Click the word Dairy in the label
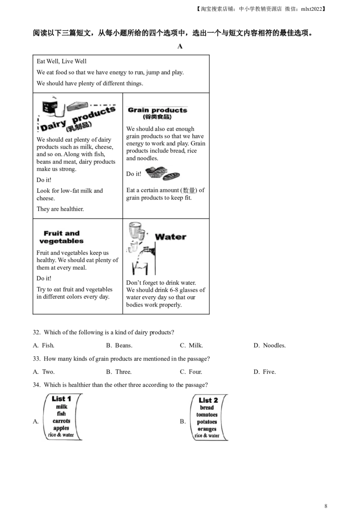[x=54, y=125]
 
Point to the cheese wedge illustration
[x=75, y=106]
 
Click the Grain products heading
[x=157, y=110]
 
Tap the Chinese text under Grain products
[x=158, y=117]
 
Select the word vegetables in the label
[x=61, y=241]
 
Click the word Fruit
[x=52, y=233]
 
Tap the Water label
[x=171, y=237]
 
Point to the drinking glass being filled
[x=140, y=269]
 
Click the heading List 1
[x=61, y=399]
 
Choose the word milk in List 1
[x=61, y=407]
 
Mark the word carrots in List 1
[x=61, y=421]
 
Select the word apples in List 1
[x=61, y=428]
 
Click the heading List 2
[x=208, y=400]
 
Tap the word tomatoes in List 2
[x=207, y=415]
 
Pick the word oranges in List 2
[x=207, y=429]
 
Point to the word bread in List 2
[x=207, y=408]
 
